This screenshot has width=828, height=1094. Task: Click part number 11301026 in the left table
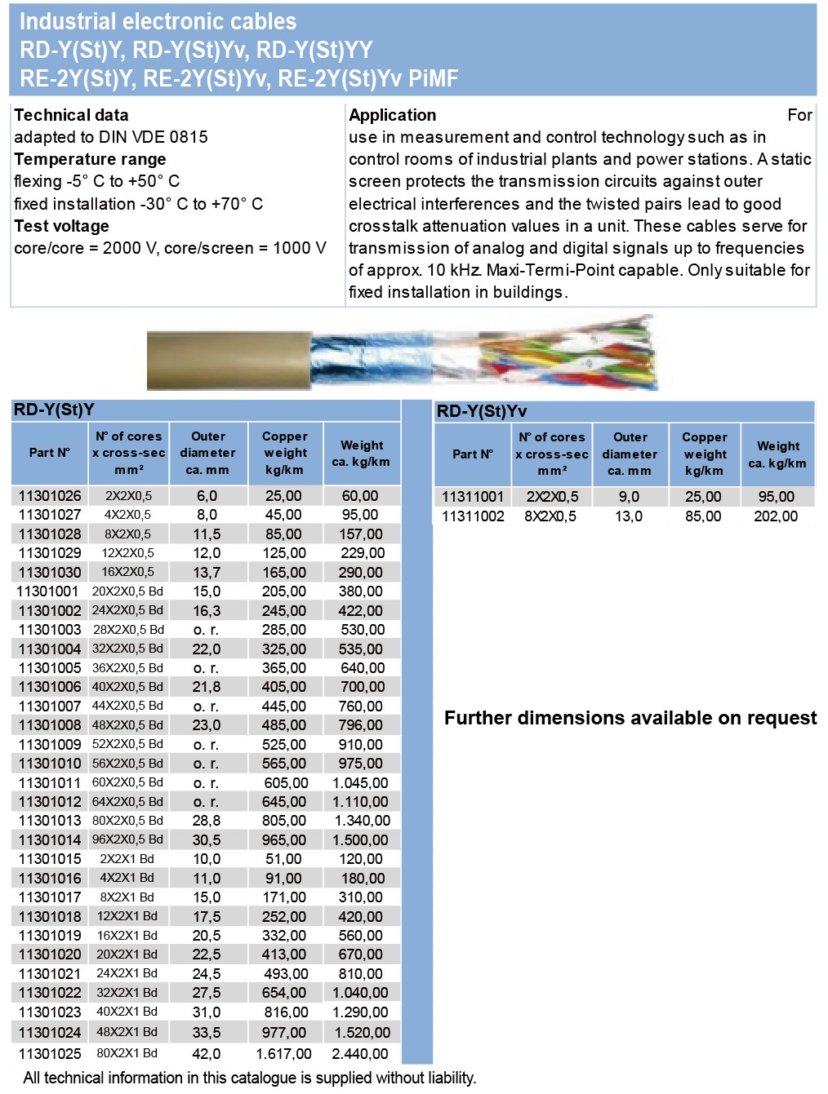tap(50, 496)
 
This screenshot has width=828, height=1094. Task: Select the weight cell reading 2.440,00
tap(360, 1054)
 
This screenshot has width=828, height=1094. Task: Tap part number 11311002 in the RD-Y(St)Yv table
tap(473, 516)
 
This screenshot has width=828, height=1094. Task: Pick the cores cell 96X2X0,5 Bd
tap(127, 839)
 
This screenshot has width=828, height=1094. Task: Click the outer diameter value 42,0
tap(207, 1054)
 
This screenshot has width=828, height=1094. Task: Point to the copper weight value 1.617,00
tap(283, 1054)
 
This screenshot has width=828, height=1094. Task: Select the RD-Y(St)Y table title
tap(54, 410)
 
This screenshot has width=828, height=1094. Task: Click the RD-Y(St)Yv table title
tap(482, 411)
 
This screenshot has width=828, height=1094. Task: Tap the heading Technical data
tap(71, 115)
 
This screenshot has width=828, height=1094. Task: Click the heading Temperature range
tap(90, 159)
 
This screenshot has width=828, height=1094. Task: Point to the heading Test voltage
tap(61, 226)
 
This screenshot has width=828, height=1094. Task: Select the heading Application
tap(393, 115)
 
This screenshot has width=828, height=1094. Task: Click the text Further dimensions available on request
tap(630, 718)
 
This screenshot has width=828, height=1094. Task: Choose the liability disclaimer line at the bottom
tap(249, 1078)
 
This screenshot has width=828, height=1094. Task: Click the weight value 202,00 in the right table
tap(776, 516)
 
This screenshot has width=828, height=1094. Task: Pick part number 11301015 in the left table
tap(50, 859)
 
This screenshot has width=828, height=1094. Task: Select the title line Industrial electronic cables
tap(158, 21)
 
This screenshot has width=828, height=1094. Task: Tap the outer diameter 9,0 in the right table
tap(629, 497)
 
